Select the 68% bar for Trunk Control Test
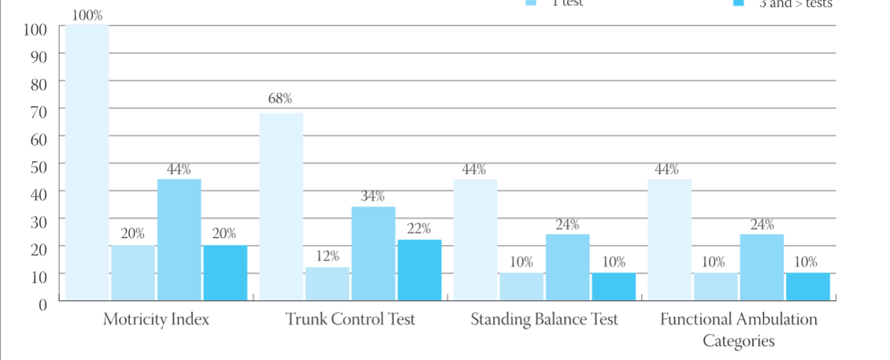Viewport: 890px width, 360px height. coord(281,206)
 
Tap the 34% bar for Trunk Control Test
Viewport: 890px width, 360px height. coord(373,253)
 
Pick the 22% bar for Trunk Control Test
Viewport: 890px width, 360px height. coord(419,269)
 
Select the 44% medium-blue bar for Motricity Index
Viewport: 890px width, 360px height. coord(179,239)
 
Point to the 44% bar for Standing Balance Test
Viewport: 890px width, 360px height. coord(475,239)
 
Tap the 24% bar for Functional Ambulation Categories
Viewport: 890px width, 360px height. coord(762,267)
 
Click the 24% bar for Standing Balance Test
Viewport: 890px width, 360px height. coord(567,267)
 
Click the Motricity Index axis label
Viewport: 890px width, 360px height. coord(156,320)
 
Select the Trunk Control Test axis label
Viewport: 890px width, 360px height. coord(350,320)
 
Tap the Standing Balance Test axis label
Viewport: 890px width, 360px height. coord(544,320)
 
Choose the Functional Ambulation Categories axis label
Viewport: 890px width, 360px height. coord(739,329)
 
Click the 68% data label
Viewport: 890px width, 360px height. coord(280,98)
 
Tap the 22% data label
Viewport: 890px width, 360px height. coord(419,228)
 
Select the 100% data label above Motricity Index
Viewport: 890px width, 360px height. coord(87,14)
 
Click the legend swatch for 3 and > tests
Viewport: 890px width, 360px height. coord(738,3)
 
